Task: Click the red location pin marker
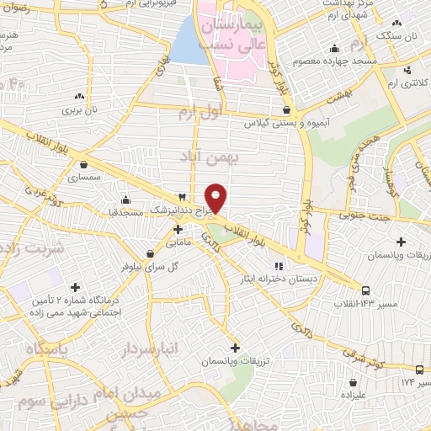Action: [216, 197]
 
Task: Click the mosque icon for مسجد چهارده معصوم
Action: [335, 47]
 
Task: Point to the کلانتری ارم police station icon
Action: [408, 70]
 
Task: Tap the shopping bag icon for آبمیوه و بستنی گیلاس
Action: [287, 109]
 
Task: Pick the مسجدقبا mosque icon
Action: [125, 200]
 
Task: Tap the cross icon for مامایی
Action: [178, 228]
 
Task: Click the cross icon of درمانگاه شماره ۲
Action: [77, 287]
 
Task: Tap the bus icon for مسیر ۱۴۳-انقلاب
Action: [365, 290]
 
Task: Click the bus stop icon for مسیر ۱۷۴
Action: [419, 370]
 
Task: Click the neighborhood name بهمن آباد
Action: [210, 157]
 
